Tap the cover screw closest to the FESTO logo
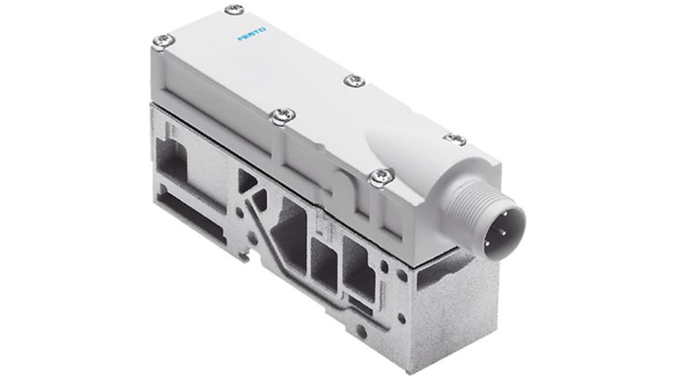coord(234,9)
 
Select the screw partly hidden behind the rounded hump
coord(454,138)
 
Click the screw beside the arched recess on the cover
coord(382,177)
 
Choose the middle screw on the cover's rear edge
coord(355,80)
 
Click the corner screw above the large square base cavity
coord(164,41)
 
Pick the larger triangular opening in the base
coord(247,181)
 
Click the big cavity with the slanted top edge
coord(289,233)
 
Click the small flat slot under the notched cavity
coord(360,303)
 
